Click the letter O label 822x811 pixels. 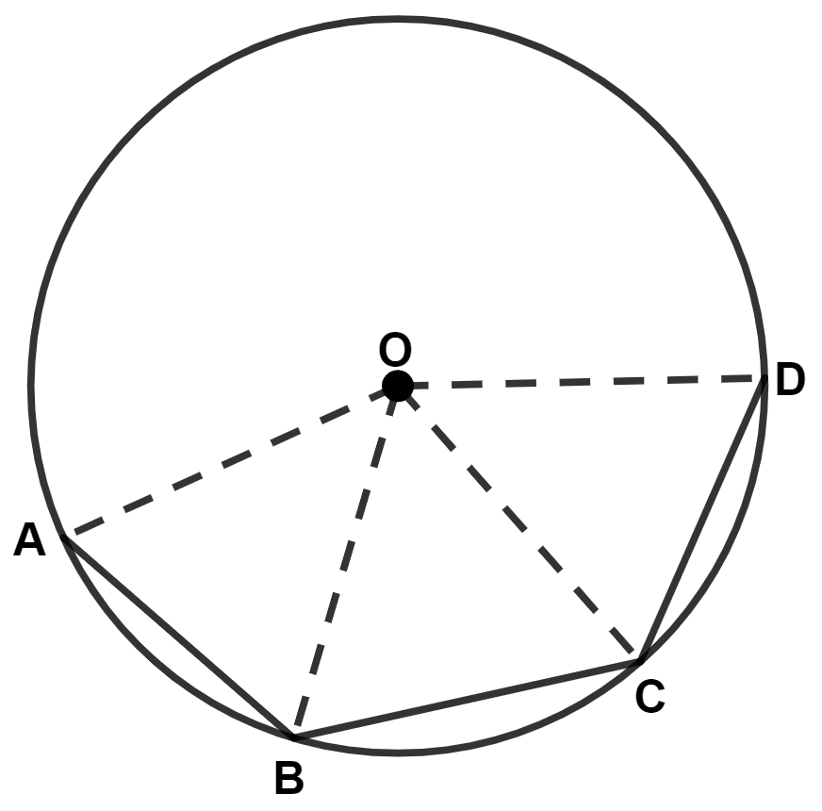click(395, 350)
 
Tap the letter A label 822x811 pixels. click(30, 541)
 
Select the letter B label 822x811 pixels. click(288, 779)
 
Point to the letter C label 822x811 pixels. click(649, 697)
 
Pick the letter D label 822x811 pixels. click(790, 381)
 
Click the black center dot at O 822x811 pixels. click(398, 385)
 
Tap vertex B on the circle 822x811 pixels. click(294, 736)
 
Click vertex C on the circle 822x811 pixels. click(641, 660)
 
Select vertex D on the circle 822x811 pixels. click(764, 379)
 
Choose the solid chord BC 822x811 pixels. click(468, 698)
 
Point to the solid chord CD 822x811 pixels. click(702, 520)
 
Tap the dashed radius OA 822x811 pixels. click(231, 461)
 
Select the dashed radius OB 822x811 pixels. click(346, 560)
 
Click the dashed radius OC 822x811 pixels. click(519, 522)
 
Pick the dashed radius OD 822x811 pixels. click(581, 382)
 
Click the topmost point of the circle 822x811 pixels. click(398, 18)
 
